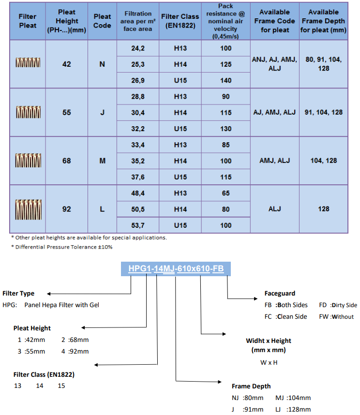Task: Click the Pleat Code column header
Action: pos(102,21)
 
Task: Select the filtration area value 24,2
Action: pos(137,48)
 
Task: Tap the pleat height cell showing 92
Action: pos(66,209)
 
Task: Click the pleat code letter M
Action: pos(102,161)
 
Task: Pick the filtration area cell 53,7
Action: pos(137,225)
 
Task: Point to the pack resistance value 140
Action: pos(226,80)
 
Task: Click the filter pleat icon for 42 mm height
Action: pos(28,62)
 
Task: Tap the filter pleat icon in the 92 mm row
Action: pos(29,209)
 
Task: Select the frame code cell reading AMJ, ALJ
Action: pos(274,161)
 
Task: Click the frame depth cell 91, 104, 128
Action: pos(324,112)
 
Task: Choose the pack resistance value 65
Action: pos(226,193)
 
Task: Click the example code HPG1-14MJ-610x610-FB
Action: pos(176,268)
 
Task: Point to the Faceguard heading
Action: pos(280,293)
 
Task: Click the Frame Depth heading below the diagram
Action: pos(251,386)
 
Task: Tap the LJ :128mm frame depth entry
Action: pos(293,410)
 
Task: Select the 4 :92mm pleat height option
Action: pos(75,351)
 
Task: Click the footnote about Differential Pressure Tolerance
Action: pos(61,247)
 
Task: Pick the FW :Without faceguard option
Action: pos(336,316)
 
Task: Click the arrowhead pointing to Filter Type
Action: pos(49,294)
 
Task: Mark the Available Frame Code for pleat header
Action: pos(274,21)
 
